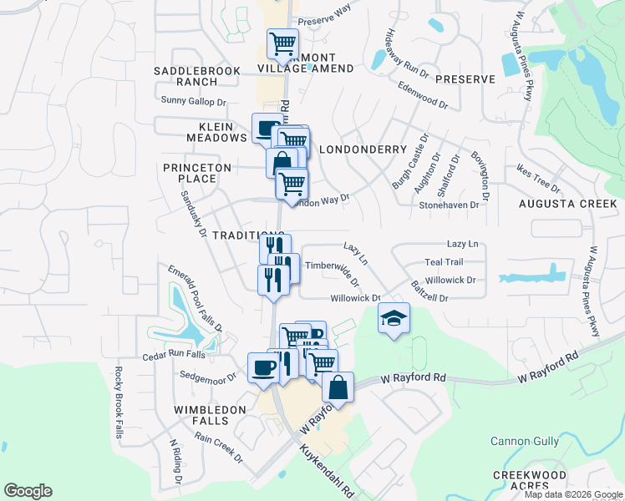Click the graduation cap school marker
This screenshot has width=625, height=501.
(x=394, y=318)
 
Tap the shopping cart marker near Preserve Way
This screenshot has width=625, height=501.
(x=282, y=43)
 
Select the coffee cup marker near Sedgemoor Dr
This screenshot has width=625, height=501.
(x=264, y=368)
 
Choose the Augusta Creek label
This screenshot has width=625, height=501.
(x=567, y=204)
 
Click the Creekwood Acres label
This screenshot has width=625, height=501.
(x=530, y=481)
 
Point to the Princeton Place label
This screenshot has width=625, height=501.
(x=197, y=173)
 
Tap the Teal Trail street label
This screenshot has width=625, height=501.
(x=444, y=262)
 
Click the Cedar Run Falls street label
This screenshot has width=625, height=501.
(x=174, y=354)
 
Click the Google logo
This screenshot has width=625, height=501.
(x=28, y=491)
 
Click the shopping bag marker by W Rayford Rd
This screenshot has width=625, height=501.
(x=338, y=387)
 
